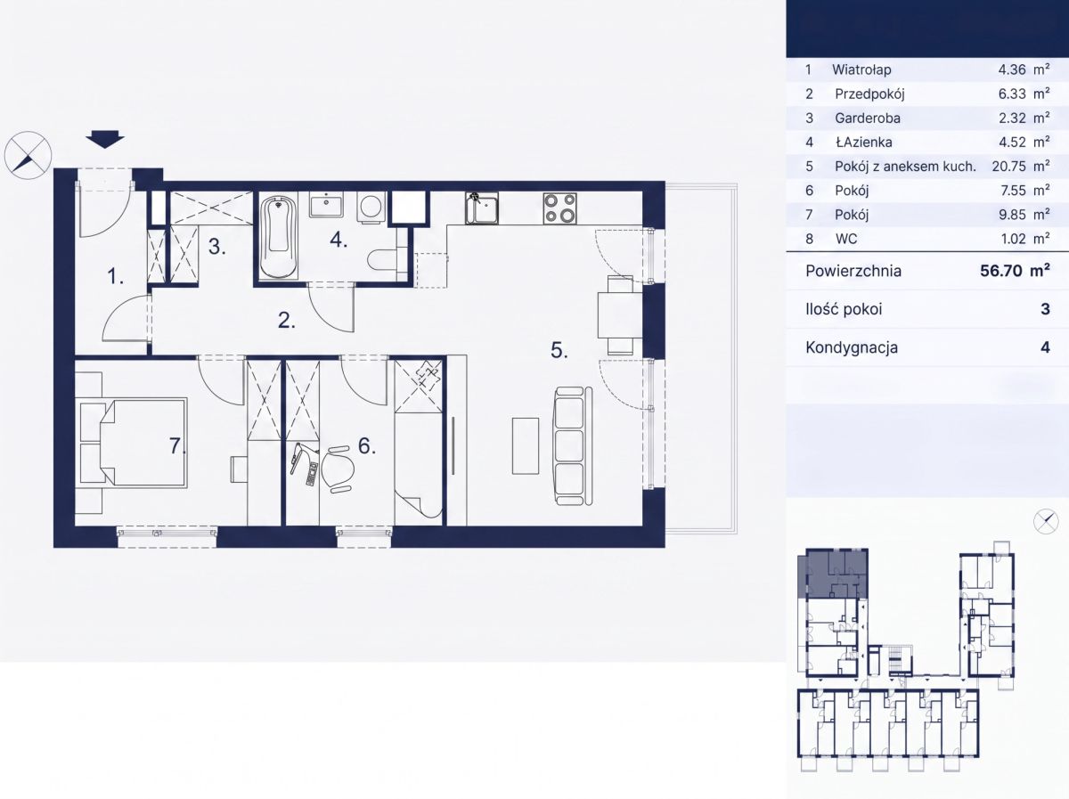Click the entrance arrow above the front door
[x=105, y=140]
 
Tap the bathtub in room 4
[x=279, y=237]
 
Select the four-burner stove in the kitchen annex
[x=560, y=208]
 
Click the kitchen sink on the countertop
[x=482, y=208]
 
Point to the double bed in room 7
[x=143, y=443]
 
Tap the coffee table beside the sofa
[x=526, y=445]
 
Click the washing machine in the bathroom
[x=371, y=207]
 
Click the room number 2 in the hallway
[x=287, y=321]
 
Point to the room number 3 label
[x=217, y=247]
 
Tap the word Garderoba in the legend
[x=868, y=118]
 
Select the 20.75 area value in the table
[x=1008, y=166]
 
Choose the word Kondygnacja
[x=852, y=347]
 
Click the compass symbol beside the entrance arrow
[x=29, y=155]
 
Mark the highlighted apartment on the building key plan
[x=833, y=574]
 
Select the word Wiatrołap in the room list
[x=861, y=69]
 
